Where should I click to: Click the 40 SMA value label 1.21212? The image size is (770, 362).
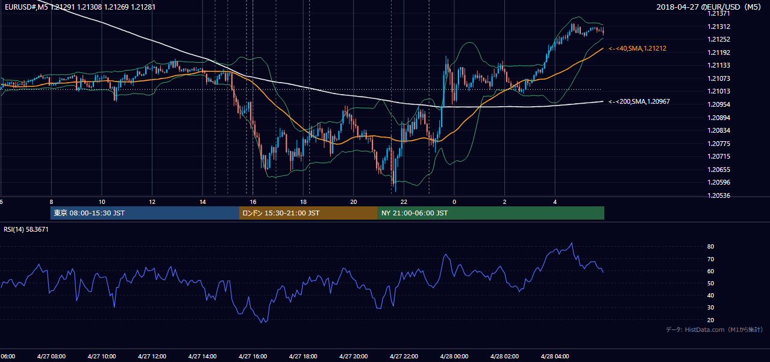tap(637, 48)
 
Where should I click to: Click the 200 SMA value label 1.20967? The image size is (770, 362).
tap(639, 101)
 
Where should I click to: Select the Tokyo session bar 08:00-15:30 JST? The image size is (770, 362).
tap(145, 213)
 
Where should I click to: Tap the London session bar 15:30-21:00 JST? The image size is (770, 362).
tap(308, 213)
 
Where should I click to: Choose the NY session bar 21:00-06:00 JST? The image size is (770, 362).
tap(491, 213)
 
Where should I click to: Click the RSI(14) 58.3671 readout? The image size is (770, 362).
tap(26, 229)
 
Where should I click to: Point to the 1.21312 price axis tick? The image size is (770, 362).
tap(719, 27)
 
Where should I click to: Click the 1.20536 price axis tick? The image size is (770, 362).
tap(719, 195)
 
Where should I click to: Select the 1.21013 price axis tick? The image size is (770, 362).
tap(719, 91)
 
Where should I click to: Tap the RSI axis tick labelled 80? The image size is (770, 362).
tap(710, 246)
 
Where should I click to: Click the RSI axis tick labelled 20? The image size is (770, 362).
tap(710, 320)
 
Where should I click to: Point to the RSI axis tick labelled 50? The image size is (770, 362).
tap(710, 283)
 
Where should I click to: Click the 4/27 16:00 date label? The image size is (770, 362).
tap(252, 357)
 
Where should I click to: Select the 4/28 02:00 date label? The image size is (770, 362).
tap(505, 357)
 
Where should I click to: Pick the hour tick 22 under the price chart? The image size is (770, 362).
tap(404, 202)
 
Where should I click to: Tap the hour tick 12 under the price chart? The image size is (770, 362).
tap(152, 202)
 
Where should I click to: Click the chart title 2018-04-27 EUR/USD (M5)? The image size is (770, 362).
tap(709, 7)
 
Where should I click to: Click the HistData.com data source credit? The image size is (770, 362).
tap(714, 329)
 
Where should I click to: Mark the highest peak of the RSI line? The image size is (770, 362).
tap(572, 243)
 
